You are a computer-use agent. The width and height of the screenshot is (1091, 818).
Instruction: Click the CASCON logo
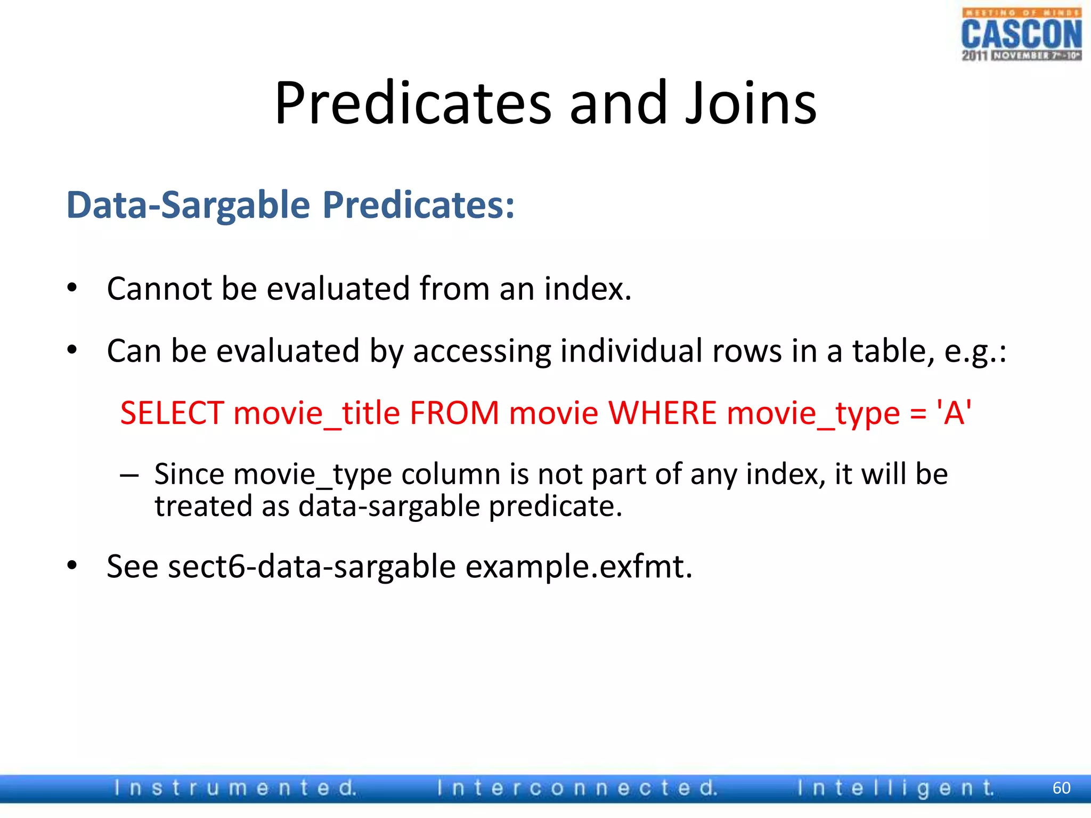1021,35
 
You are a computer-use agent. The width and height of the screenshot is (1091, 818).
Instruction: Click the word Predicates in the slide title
412,103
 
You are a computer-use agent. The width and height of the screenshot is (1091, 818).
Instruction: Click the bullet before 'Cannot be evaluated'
72,289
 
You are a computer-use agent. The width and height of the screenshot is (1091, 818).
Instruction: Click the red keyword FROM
454,413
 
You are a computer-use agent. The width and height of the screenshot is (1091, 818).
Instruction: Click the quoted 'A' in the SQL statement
954,413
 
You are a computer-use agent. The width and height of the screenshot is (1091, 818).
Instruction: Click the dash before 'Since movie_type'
129,475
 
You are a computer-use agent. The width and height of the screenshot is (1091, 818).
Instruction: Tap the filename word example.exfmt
579,567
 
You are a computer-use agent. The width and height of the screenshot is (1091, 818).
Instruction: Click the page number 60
1061,788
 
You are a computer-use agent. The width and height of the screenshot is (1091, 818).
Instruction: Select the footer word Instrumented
235,788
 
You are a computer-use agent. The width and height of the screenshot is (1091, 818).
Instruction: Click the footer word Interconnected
577,788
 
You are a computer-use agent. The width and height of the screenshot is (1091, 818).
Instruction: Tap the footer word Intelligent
895,788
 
